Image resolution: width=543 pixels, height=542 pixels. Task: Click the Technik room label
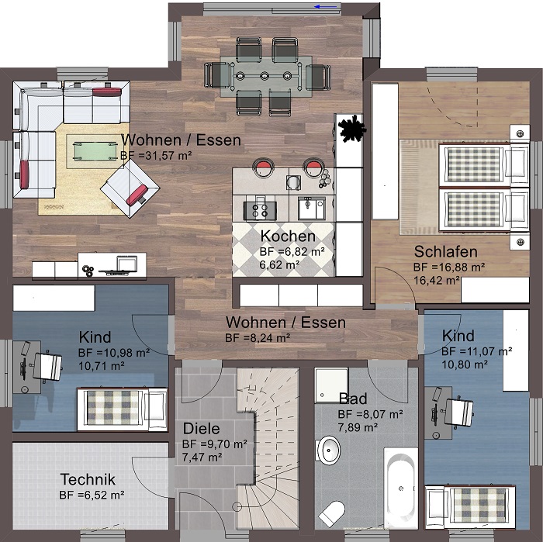(x=88, y=479)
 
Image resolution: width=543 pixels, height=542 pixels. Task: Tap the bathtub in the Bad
(x=401, y=488)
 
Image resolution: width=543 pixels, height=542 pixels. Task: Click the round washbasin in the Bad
(x=327, y=451)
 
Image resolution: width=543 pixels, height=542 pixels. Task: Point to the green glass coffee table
(x=94, y=151)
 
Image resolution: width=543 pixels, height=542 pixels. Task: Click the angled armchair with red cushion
(x=130, y=188)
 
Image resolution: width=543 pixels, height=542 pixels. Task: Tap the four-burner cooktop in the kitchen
(x=260, y=211)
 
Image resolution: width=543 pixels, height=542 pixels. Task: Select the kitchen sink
(x=312, y=208)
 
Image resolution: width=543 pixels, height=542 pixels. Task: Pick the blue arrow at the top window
(x=326, y=6)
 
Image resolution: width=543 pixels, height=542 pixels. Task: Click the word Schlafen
(x=446, y=252)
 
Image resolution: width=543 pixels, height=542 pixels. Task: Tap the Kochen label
(x=288, y=236)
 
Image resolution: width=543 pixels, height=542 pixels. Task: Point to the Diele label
(x=201, y=429)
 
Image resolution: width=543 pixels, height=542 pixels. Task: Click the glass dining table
(x=266, y=76)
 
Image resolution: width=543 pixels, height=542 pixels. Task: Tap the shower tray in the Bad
(x=331, y=385)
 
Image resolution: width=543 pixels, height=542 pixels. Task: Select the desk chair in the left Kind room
(x=47, y=367)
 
